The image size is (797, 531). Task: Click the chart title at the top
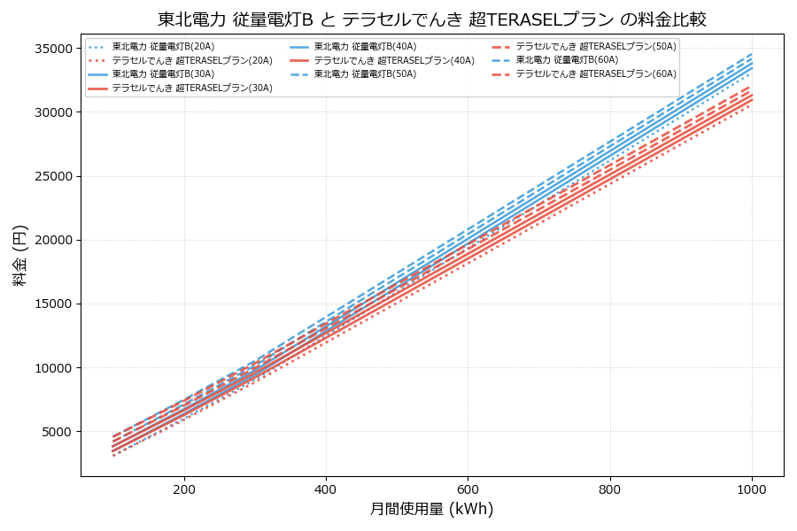pos(432,19)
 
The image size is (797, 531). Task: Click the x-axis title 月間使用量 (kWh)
pos(431,510)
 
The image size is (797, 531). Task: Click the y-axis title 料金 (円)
pos(19,255)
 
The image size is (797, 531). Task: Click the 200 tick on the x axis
pos(184,489)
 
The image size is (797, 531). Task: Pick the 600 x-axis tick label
pos(468,489)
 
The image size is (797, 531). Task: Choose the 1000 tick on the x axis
pos(752,489)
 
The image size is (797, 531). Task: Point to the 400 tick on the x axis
pos(326,489)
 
